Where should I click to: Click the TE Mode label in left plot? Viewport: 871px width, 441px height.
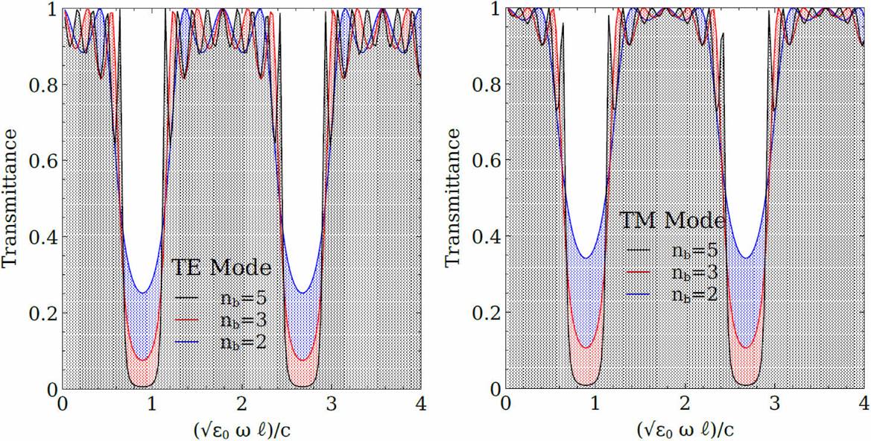(x=221, y=267)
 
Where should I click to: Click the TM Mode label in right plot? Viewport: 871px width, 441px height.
(x=673, y=221)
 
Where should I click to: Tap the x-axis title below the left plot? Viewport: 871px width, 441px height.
(x=241, y=430)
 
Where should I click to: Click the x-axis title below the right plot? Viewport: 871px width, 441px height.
(x=685, y=430)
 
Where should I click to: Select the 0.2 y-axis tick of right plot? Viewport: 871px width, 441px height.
(x=485, y=313)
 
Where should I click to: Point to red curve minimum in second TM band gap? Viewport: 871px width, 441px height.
(x=746, y=347)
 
